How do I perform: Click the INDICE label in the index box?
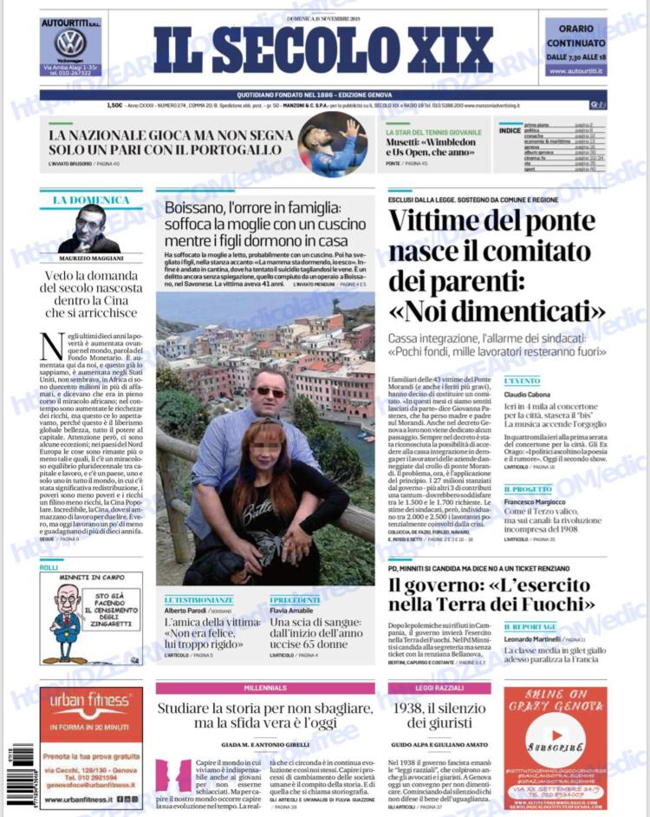pos(510,130)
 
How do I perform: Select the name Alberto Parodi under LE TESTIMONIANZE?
pos(188,611)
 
